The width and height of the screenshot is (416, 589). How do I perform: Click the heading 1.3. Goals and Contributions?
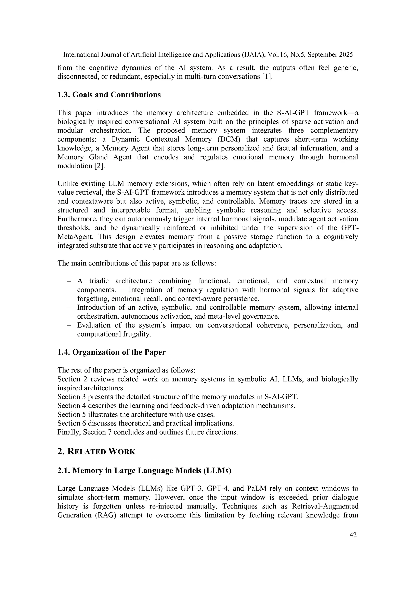click(x=109, y=95)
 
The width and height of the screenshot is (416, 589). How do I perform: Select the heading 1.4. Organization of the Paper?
click(x=111, y=352)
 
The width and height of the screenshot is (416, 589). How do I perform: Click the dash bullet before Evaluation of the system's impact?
click(x=69, y=325)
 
